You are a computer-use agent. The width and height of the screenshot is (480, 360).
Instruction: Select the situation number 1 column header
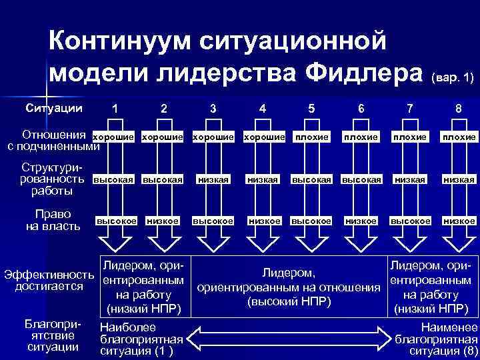(116, 108)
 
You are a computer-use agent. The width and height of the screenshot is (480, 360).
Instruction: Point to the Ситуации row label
(55, 107)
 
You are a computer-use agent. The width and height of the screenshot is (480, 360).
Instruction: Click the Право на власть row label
(52, 221)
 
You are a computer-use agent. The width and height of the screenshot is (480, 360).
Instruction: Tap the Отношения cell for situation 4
(263, 137)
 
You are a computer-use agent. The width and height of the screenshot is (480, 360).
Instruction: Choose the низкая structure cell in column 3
(213, 179)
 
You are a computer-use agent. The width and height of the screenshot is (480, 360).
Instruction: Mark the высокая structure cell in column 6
(361, 179)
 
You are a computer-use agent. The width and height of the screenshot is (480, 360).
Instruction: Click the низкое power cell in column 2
(163, 221)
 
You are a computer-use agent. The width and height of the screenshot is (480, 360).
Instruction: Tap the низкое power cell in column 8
(459, 221)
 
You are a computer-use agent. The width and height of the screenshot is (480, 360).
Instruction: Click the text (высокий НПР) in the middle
(289, 301)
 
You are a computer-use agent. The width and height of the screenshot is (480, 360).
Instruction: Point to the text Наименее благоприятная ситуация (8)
(436, 339)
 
